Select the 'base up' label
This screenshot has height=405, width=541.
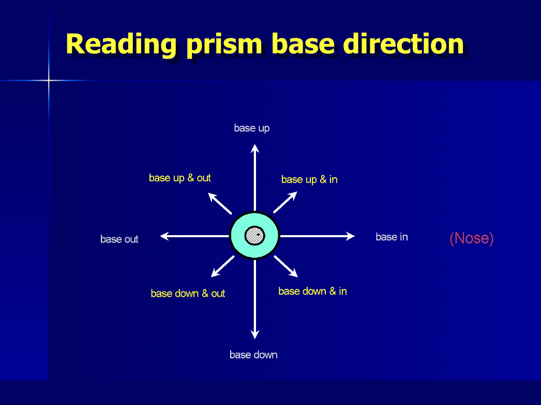[x=252, y=128]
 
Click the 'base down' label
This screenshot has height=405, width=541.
[x=253, y=355]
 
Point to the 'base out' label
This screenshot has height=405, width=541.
[x=119, y=239]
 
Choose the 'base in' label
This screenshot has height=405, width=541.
[x=392, y=237]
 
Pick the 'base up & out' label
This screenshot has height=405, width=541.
[x=180, y=178]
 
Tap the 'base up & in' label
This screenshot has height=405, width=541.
[x=309, y=179]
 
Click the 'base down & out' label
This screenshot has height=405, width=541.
[x=188, y=293]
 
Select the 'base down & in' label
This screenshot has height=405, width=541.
[x=312, y=291]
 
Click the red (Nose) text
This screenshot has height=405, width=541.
[x=472, y=238]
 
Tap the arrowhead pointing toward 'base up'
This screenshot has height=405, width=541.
[x=254, y=148]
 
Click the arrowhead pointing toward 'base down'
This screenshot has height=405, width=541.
[x=254, y=335]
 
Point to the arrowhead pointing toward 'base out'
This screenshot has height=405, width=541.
[x=164, y=236]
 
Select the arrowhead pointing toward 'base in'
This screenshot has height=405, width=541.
[x=351, y=236]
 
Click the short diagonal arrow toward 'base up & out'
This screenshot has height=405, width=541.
[x=219, y=202]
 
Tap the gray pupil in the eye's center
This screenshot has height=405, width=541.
[x=254, y=236]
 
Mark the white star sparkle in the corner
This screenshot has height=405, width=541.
[x=49, y=80]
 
